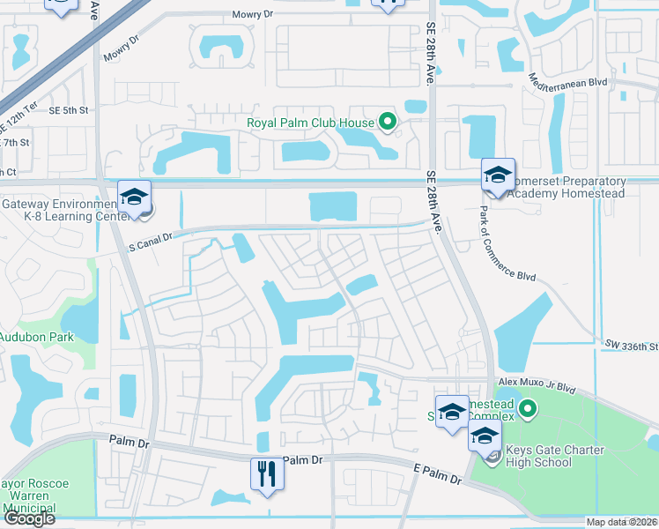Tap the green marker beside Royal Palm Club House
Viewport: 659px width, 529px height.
pos(386,123)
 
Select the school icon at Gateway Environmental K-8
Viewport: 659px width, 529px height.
pos(135,196)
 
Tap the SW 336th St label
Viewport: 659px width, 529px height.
pos(631,346)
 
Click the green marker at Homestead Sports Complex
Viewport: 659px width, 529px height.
pos(528,408)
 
